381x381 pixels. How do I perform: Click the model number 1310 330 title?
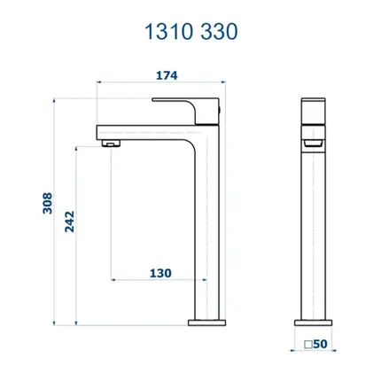(190, 32)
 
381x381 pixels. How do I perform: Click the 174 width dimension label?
(167, 75)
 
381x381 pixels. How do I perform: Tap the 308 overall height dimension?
(48, 203)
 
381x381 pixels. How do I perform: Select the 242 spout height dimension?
(70, 222)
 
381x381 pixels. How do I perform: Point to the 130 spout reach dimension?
(160, 273)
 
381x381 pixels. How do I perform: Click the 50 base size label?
(320, 344)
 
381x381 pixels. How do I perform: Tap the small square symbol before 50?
(308, 345)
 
